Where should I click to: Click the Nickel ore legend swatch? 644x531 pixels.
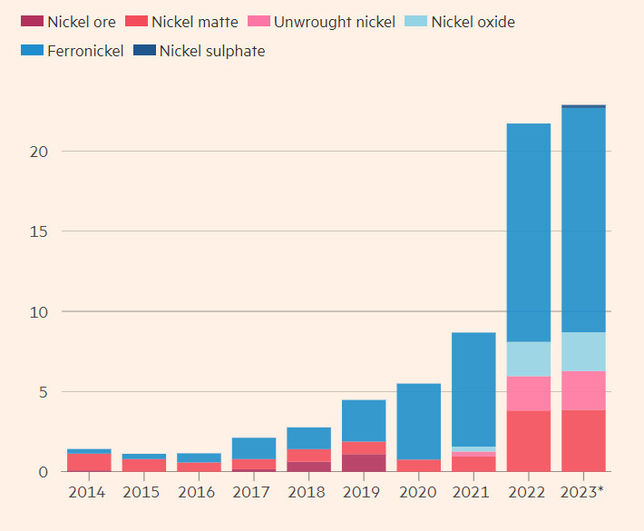coord(32,22)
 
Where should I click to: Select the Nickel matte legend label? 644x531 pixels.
coord(194,22)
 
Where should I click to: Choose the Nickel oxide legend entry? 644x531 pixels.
coord(473,22)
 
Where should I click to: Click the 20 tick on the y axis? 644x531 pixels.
coord(35,152)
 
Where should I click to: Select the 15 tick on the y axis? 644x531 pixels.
coord(35,231)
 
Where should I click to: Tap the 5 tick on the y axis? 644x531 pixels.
coord(41,392)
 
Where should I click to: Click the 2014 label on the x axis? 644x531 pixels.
coord(87,493)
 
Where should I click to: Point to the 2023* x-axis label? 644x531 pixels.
coord(583,493)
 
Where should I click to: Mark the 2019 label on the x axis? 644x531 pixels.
coord(363,493)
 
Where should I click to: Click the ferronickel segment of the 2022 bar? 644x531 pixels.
coord(528,231)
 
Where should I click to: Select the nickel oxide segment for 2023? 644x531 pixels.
coord(583,351)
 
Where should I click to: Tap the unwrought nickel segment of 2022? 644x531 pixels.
coord(528,393)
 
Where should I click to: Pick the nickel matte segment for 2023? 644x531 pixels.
coord(583,440)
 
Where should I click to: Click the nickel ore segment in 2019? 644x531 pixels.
coord(363,463)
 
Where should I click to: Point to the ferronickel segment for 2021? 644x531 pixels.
coord(473,388)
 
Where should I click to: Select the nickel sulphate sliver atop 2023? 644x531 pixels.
coord(583,106)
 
